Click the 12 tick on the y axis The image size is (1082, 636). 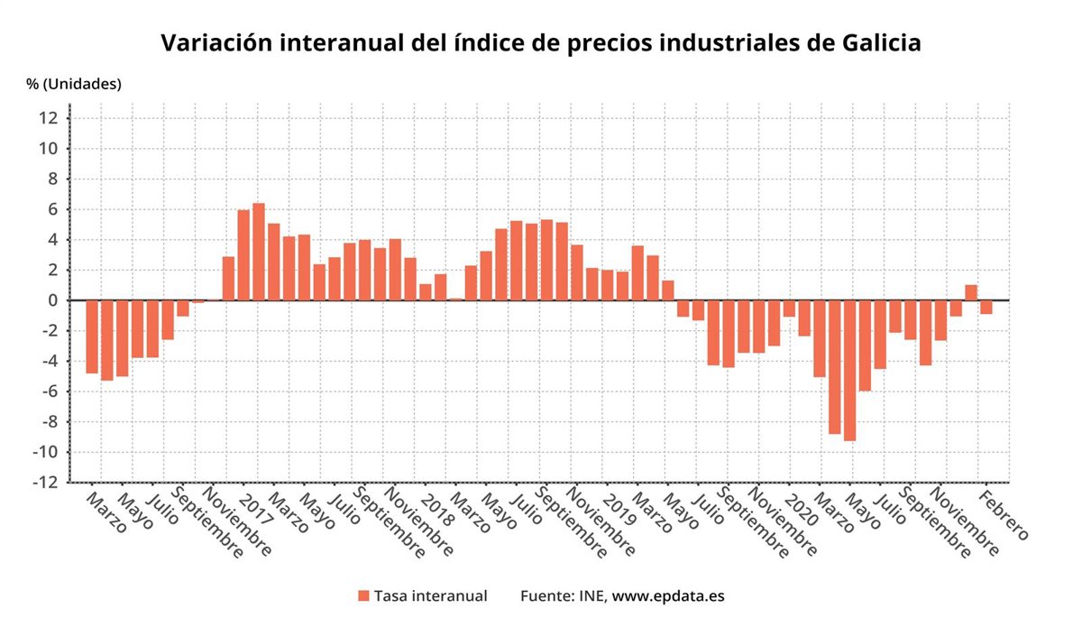(x=50, y=118)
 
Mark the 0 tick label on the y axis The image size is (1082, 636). (x=54, y=300)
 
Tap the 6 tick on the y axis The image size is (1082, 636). (x=54, y=209)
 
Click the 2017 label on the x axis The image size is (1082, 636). (x=258, y=509)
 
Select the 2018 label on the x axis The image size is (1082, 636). (x=439, y=509)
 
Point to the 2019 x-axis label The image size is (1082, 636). (x=619, y=509)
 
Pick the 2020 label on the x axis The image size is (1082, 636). (x=801, y=509)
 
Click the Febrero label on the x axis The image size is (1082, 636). (x=1003, y=515)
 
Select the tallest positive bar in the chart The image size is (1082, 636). (x=259, y=252)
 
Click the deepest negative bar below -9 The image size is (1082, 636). (x=849, y=371)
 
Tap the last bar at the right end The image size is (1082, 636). (x=986, y=307)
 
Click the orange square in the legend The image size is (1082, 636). (x=363, y=595)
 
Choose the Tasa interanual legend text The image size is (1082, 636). (x=431, y=595)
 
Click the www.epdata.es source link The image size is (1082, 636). (x=668, y=595)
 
